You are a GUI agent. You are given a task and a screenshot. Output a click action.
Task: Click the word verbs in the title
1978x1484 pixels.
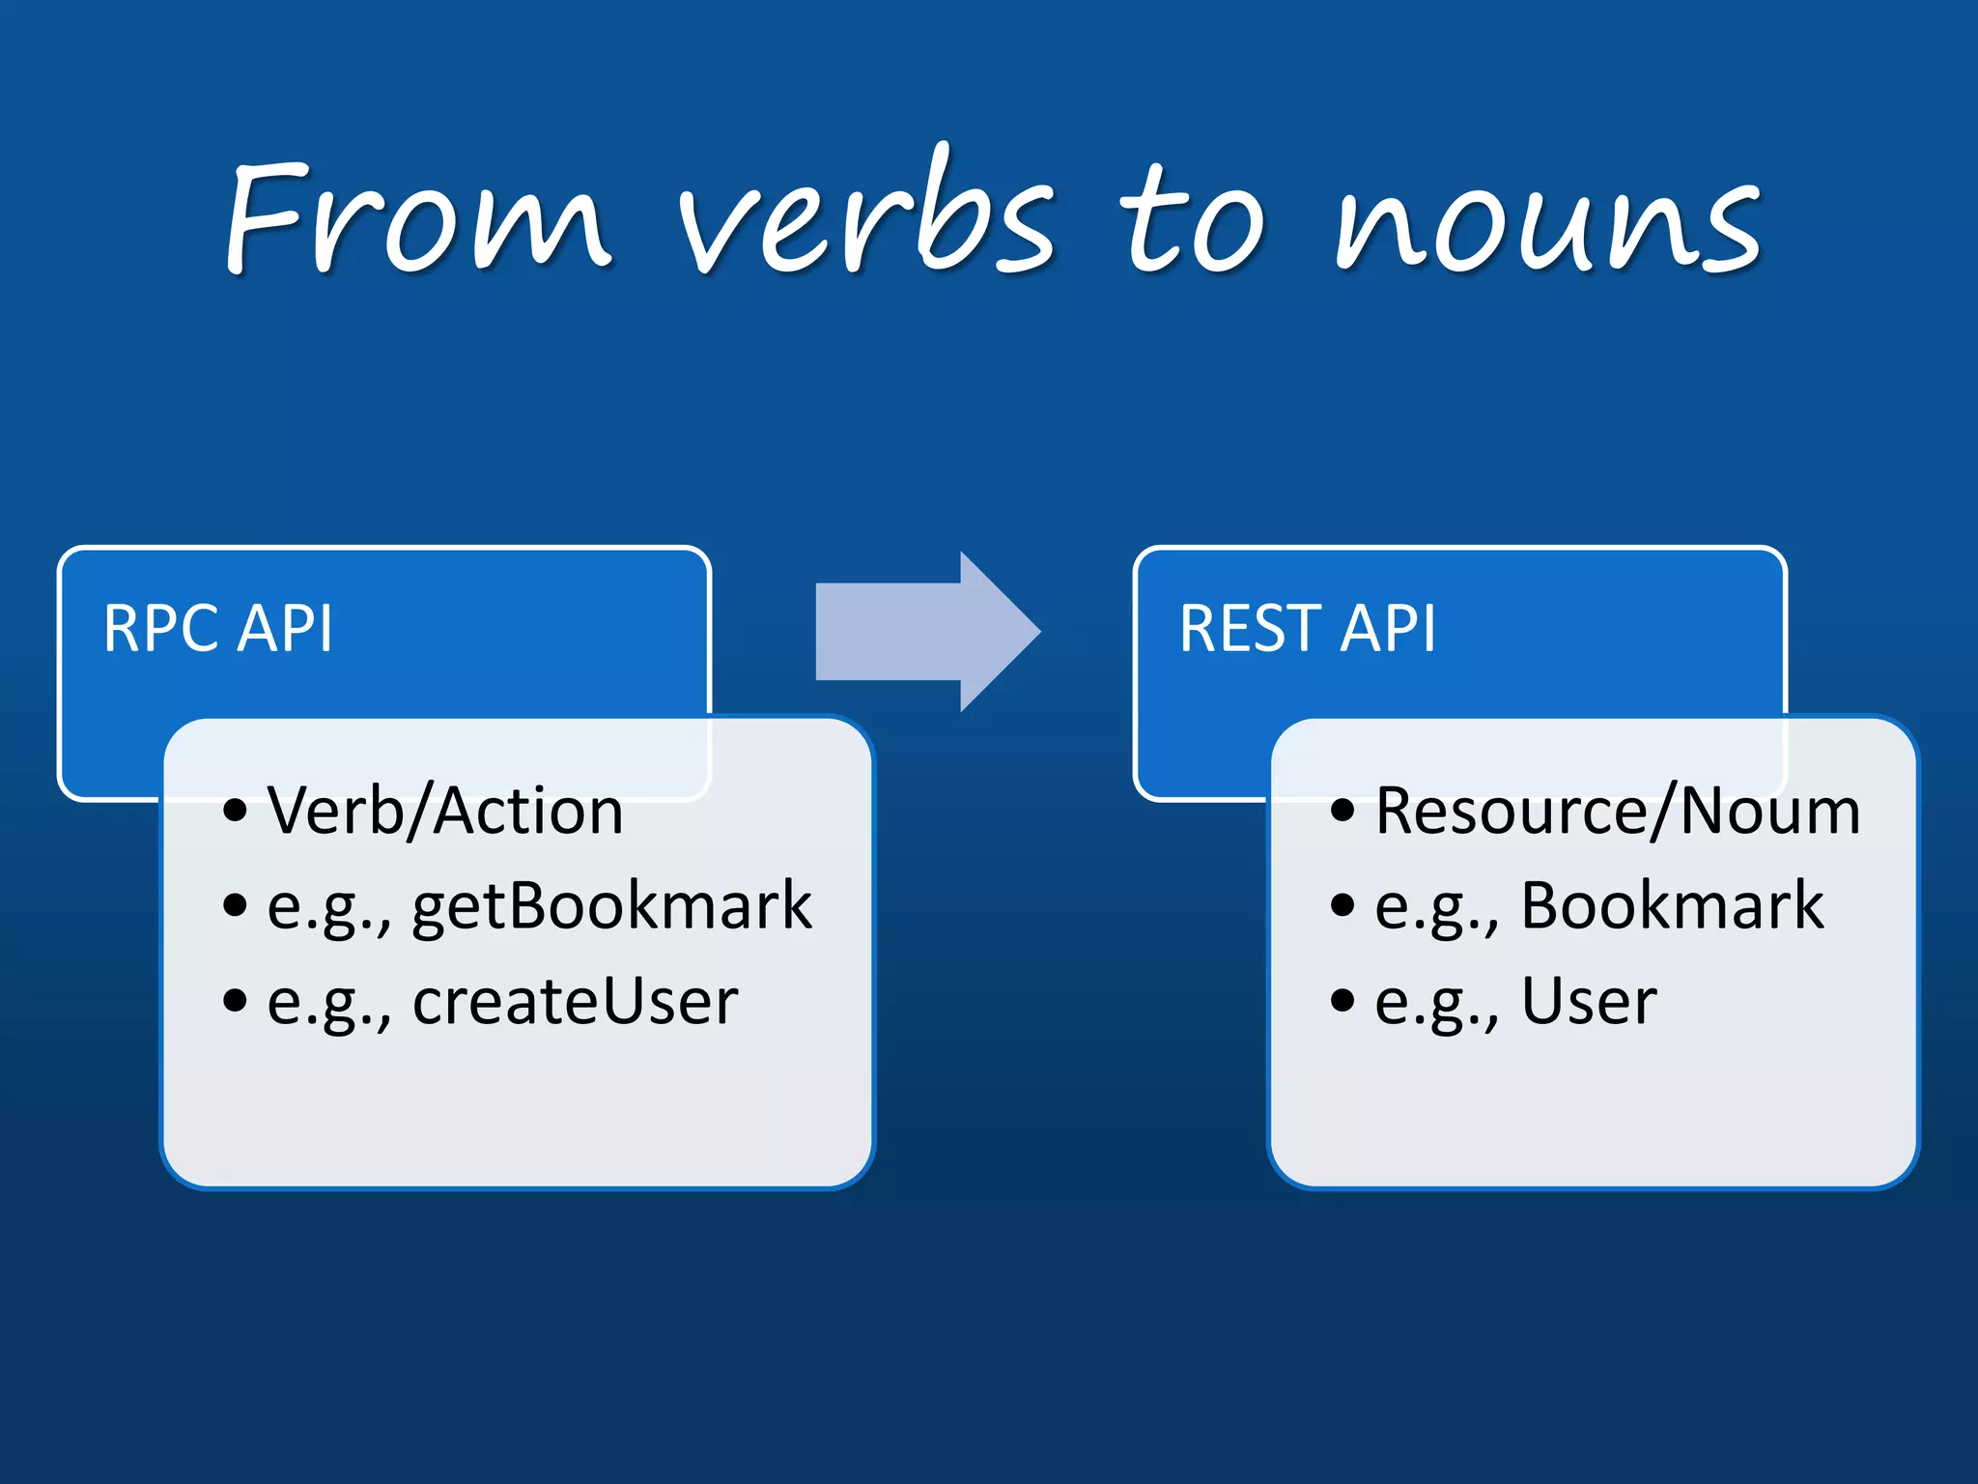coord(864,217)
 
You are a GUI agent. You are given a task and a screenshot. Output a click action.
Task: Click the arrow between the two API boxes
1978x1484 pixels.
coord(927,632)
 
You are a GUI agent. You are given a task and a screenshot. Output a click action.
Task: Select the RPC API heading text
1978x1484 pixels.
coord(218,629)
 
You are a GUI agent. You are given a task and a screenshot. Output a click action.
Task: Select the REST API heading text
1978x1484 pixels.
coord(1307,629)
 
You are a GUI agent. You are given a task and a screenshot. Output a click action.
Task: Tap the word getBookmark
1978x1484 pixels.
coord(611,906)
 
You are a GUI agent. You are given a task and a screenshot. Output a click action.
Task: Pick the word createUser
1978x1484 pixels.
coord(575,1001)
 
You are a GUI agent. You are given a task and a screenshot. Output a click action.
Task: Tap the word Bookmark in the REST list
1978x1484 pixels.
coord(1672,906)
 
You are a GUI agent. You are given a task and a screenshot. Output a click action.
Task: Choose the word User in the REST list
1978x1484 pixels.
coord(1589,1001)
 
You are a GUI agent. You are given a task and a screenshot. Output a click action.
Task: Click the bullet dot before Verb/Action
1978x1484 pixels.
coord(235,810)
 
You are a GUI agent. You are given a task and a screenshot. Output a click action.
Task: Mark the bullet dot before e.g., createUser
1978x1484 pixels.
coord(235,1001)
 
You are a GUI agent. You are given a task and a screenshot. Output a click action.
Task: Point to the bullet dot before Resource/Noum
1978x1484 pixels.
coord(1342,810)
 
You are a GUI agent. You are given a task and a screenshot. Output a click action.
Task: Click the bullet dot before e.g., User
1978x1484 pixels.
coord(1342,1001)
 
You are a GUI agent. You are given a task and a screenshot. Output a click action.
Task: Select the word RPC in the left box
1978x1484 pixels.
coord(160,629)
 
